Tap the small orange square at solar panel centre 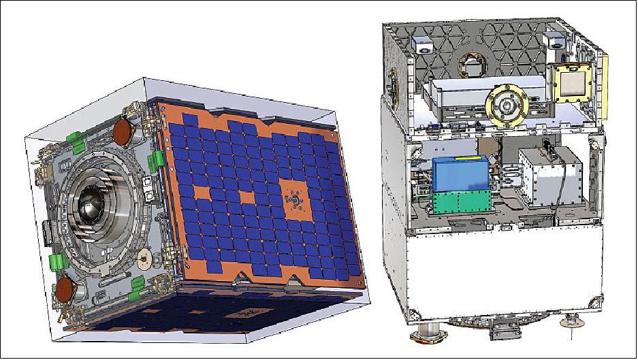pyautogui.click(x=246, y=197)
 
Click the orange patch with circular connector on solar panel pyautogui.click(x=293, y=198)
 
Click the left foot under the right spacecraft pyautogui.click(x=425, y=338)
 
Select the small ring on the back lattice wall pyautogui.click(x=470, y=65)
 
